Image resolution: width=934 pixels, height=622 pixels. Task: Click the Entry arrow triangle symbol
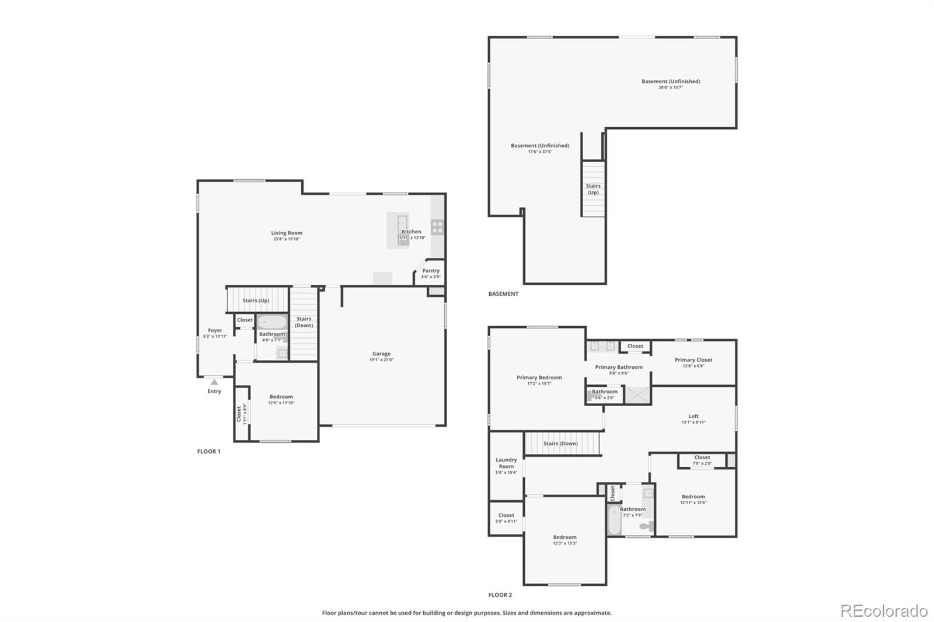pyautogui.click(x=214, y=382)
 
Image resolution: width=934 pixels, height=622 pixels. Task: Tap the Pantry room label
pyautogui.click(x=431, y=271)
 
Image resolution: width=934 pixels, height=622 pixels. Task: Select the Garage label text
pyautogui.click(x=381, y=354)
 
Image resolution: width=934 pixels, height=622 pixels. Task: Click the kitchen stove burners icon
pyautogui.click(x=437, y=227)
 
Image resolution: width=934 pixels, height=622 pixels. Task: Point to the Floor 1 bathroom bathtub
pyautogui.click(x=272, y=323)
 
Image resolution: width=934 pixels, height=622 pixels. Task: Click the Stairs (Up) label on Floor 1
pyautogui.click(x=256, y=300)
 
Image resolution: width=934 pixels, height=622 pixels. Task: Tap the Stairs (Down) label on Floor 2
pyautogui.click(x=560, y=443)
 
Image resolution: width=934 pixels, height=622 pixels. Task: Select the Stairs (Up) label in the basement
pyautogui.click(x=593, y=189)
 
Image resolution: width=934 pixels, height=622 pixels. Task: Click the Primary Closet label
pyautogui.click(x=693, y=360)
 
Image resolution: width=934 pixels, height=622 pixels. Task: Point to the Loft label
pyautogui.click(x=693, y=416)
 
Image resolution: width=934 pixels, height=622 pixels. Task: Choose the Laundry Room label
pyautogui.click(x=506, y=463)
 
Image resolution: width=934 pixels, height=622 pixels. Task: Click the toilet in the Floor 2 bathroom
pyautogui.click(x=645, y=526)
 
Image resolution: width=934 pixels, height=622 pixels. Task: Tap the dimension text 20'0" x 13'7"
pyautogui.click(x=671, y=88)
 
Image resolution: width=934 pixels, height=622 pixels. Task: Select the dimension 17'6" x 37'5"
pyautogui.click(x=540, y=152)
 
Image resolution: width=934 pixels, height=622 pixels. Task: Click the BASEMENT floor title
pyautogui.click(x=503, y=294)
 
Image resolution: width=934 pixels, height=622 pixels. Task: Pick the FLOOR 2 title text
pyautogui.click(x=500, y=595)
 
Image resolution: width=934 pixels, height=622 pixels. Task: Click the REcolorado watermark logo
pyautogui.click(x=884, y=611)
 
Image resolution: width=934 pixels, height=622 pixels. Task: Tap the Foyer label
pyautogui.click(x=215, y=330)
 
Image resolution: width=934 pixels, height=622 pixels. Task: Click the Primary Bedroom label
pyautogui.click(x=539, y=378)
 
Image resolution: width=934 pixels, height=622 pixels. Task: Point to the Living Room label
pyautogui.click(x=287, y=233)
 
